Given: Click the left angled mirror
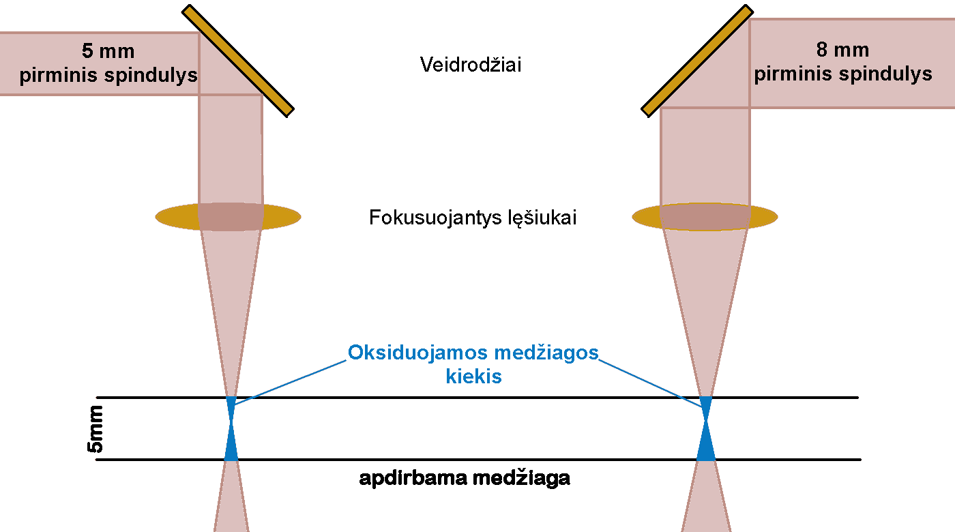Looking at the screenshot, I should click(x=238, y=61).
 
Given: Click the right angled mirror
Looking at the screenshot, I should click(x=697, y=61).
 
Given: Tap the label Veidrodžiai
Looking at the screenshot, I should click(x=471, y=65).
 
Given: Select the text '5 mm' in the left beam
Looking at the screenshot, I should click(x=108, y=52).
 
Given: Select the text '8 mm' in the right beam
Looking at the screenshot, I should click(x=842, y=50).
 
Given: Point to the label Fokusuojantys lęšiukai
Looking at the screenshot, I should click(x=472, y=218).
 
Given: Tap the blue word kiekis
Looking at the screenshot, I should click(x=473, y=376).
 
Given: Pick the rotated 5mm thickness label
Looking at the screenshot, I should click(x=96, y=429).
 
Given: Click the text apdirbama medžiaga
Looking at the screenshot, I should click(x=465, y=479).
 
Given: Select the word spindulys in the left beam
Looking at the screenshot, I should click(x=151, y=75).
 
